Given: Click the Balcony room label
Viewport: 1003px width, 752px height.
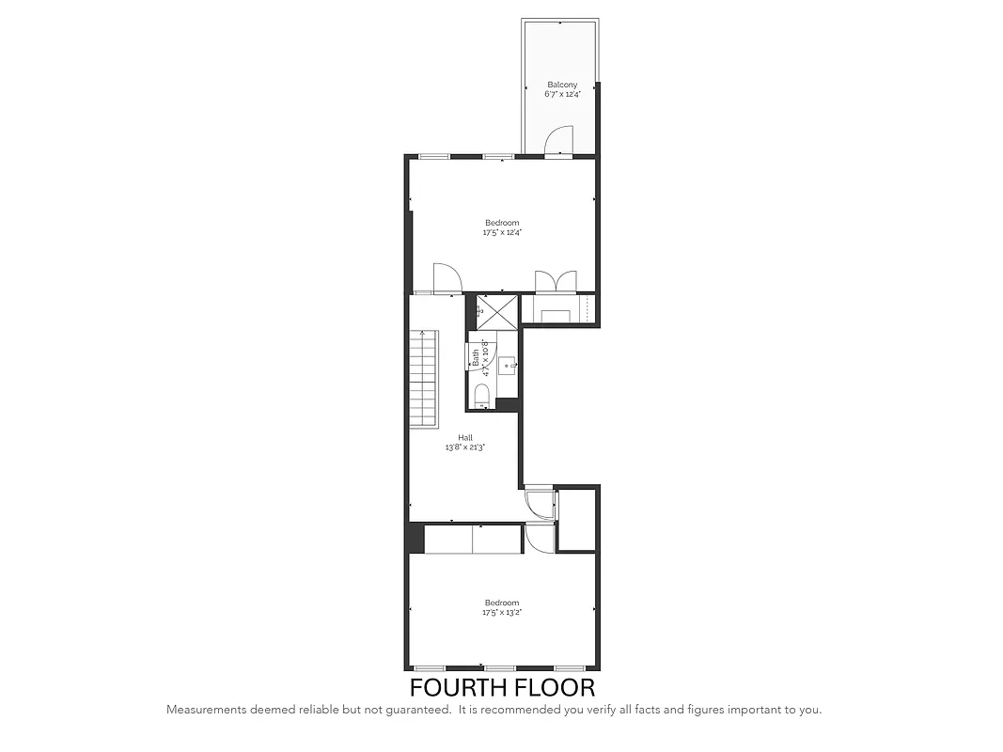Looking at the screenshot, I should click(562, 85).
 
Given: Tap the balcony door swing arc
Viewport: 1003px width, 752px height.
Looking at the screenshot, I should click(557, 142).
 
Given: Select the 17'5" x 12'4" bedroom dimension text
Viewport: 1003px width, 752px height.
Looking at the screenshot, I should click(501, 232).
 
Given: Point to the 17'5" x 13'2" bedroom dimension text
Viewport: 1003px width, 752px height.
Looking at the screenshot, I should click(501, 612).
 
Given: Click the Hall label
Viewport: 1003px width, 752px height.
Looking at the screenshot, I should click(465, 438).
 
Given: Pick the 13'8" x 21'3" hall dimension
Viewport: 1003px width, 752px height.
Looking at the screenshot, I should click(465, 447).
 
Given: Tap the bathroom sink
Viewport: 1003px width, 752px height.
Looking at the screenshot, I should click(507, 364).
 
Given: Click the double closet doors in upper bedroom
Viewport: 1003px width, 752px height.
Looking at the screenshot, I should click(555, 282).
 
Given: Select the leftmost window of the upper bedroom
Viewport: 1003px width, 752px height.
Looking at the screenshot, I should click(433, 156).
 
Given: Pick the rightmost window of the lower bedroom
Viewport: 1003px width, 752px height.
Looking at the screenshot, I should click(568, 668).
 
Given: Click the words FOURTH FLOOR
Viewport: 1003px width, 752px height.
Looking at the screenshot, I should click(502, 687).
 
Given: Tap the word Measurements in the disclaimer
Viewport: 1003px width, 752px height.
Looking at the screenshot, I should click(208, 710).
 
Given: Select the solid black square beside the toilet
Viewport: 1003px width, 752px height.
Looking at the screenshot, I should click(507, 404).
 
